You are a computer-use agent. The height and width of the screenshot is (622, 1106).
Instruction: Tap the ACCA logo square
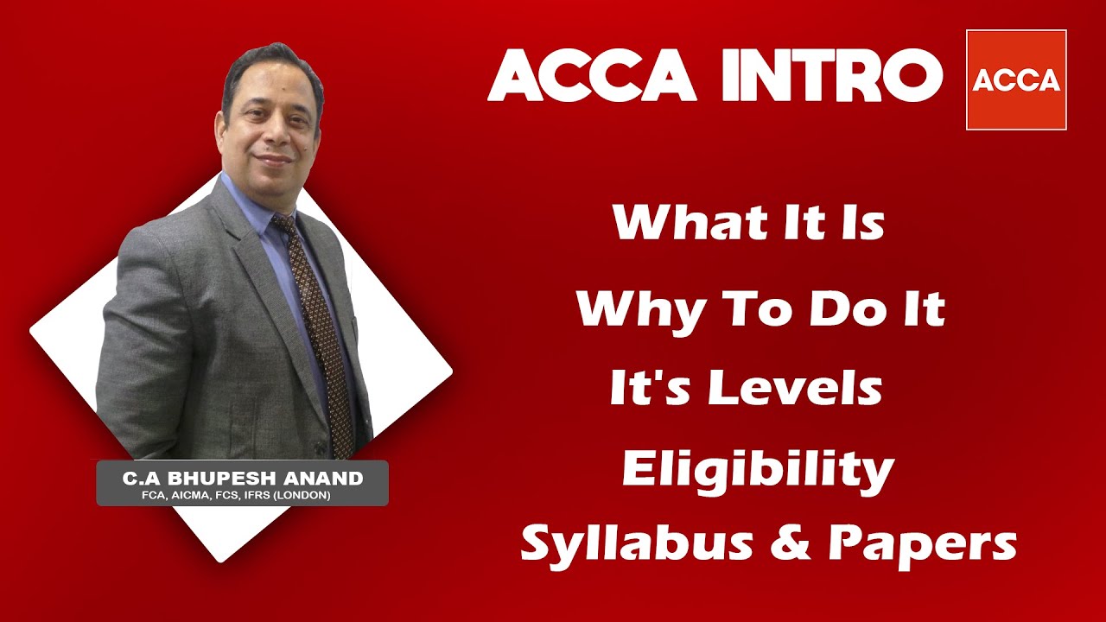pyautogui.click(x=1016, y=80)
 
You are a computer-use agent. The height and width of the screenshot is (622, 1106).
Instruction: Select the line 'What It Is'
pyautogui.click(x=748, y=223)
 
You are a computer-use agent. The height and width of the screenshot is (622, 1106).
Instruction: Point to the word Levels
pyautogui.click(x=795, y=389)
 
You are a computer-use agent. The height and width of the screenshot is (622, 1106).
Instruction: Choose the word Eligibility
pyautogui.click(x=758, y=469)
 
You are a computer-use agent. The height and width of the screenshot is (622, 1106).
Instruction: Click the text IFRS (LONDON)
pyautogui.click(x=297, y=496)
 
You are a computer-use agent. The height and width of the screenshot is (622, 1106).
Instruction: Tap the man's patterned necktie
pyautogui.click(x=321, y=337)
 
